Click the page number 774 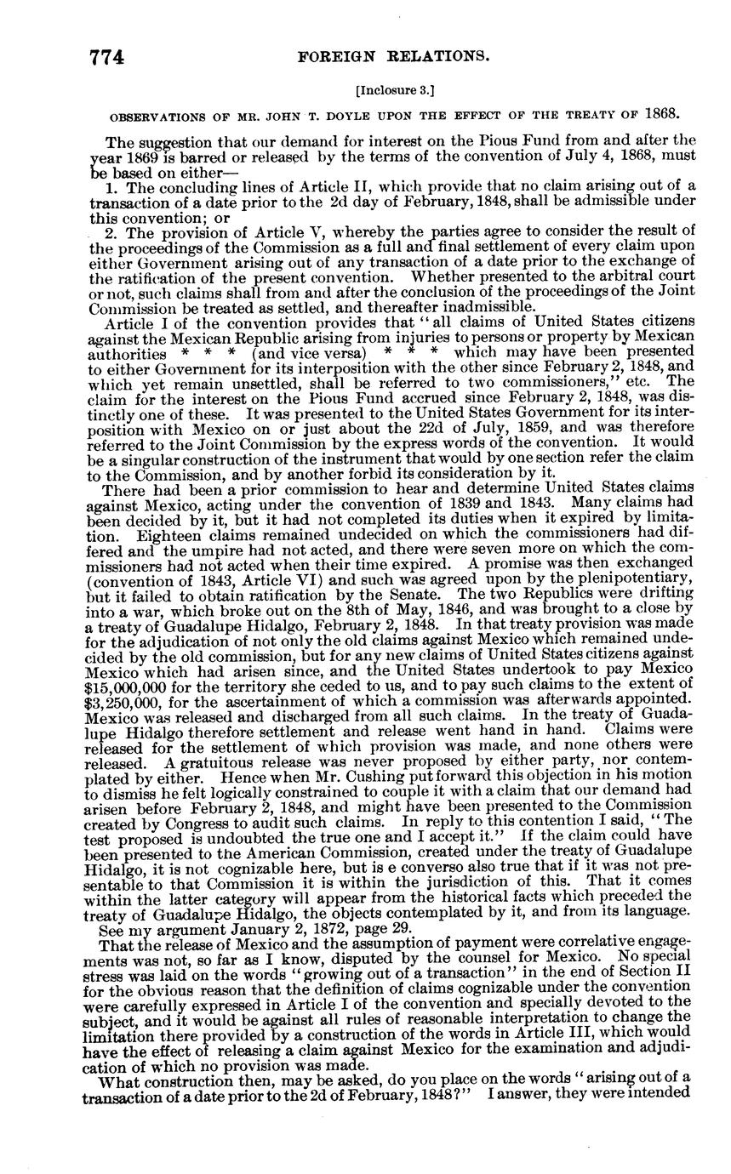[107, 58]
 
